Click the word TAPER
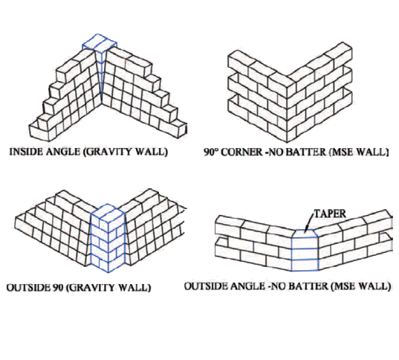coord(330,213)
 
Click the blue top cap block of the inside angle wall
coord(100,44)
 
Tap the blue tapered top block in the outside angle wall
coord(305,233)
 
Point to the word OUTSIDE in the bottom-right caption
coord(206,286)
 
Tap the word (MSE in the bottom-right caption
coord(343,286)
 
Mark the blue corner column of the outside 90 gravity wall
coord(108,238)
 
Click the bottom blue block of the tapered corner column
coord(305,265)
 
